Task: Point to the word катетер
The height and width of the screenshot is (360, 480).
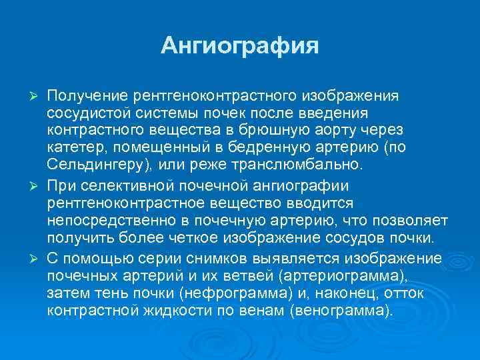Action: (x=73, y=146)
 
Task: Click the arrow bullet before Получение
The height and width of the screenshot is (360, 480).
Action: (x=37, y=98)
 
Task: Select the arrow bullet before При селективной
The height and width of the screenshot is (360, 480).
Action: (x=37, y=185)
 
